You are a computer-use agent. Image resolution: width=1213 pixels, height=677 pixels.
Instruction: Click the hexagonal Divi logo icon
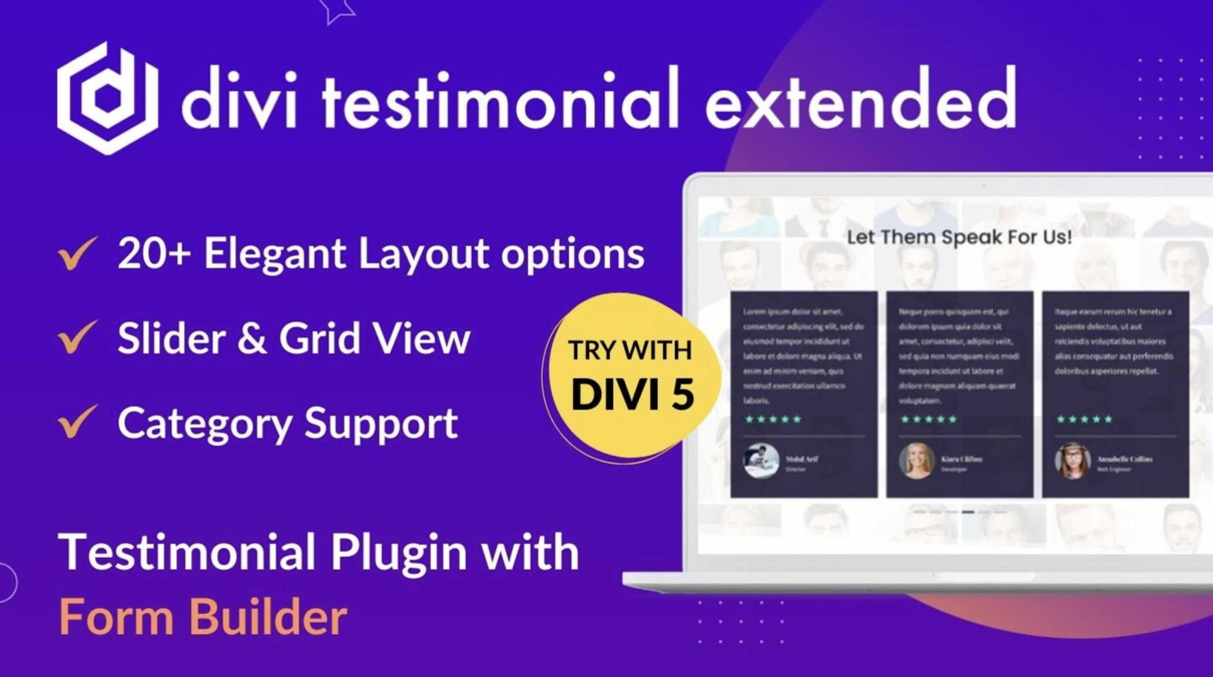(x=107, y=98)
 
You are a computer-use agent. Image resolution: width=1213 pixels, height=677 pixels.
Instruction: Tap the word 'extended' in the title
(x=860, y=100)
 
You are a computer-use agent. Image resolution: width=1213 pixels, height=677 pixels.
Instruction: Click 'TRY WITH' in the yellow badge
(x=630, y=351)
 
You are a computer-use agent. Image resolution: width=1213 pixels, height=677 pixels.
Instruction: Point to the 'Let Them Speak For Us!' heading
(x=959, y=237)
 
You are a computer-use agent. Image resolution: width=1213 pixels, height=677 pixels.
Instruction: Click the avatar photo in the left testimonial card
(x=761, y=461)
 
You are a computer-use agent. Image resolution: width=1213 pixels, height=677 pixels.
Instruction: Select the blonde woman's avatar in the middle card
(x=916, y=461)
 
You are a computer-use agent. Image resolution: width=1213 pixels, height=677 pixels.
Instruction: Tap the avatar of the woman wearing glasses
(x=1072, y=461)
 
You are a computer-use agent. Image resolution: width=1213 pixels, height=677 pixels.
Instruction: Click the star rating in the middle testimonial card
(x=929, y=419)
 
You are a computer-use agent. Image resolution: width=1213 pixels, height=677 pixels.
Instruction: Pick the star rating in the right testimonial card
(x=1085, y=419)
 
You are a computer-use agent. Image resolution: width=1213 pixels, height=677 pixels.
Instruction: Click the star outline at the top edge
(x=336, y=9)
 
